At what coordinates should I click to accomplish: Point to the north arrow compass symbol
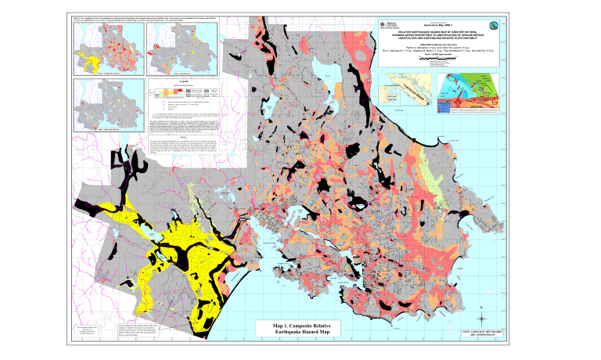coord(483,311)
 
